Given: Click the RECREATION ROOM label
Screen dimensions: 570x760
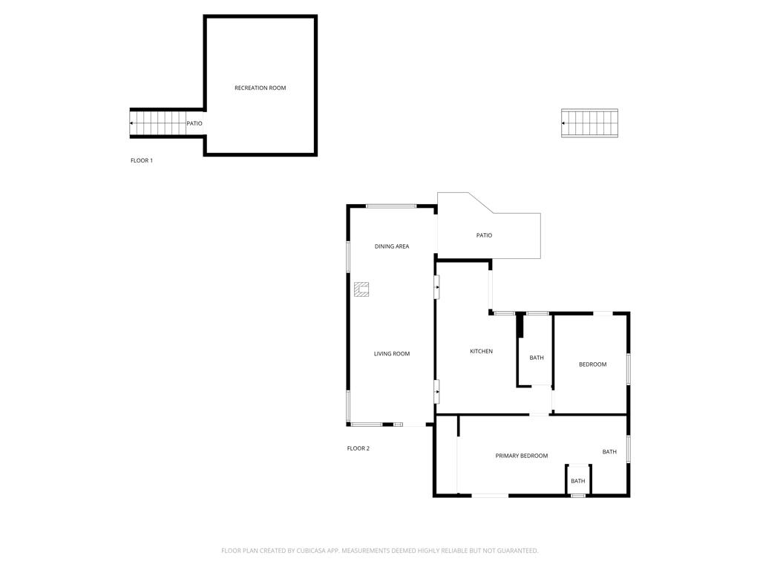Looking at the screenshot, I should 260,88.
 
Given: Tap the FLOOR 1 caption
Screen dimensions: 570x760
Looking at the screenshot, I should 142,160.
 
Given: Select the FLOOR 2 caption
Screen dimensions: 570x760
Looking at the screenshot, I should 358,448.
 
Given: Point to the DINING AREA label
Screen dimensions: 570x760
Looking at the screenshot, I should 391,246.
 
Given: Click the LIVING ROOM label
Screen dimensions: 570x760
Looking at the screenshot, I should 391,354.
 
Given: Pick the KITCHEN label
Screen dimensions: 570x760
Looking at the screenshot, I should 481,351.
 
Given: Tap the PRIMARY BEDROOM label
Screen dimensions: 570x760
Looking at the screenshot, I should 521,456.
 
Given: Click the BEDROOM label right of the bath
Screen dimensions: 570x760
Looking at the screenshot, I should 592,364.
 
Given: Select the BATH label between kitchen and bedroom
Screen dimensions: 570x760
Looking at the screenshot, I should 536,358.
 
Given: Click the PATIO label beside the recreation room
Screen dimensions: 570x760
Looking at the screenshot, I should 194,124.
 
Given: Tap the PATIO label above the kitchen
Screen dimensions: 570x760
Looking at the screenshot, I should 484,235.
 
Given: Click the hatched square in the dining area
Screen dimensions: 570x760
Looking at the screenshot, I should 361,289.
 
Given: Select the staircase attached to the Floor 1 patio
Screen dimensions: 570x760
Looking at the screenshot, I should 158,123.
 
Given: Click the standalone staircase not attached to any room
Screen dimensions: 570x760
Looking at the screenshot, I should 589,123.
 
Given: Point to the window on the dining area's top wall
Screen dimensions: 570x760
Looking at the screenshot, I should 390,206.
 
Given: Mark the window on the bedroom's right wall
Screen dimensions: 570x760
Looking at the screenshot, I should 629,368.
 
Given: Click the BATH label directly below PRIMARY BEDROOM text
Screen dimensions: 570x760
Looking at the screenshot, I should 577,481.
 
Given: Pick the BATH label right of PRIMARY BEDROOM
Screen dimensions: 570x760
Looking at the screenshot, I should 609,452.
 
